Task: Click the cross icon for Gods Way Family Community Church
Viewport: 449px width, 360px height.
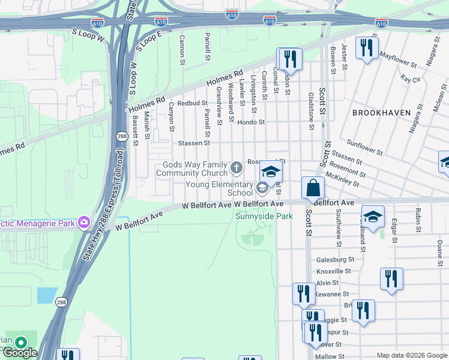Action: click(x=237, y=166)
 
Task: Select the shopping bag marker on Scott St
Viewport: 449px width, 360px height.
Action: click(x=313, y=188)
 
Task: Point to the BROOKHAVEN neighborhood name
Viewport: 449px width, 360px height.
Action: click(x=381, y=113)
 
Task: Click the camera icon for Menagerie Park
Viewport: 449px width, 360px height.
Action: click(x=82, y=223)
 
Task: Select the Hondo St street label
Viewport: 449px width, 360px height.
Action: click(x=251, y=122)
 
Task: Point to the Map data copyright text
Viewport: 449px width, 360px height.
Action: click(x=412, y=355)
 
